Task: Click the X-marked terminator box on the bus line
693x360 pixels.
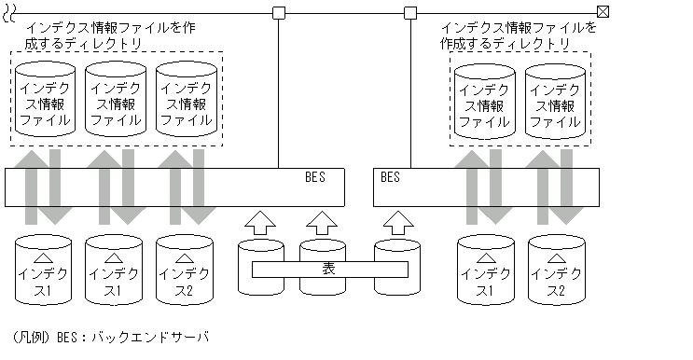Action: (x=603, y=12)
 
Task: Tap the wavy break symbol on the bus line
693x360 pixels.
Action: (x=9, y=12)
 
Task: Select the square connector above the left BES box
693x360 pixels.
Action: (x=278, y=12)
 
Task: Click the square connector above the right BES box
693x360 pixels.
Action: (x=410, y=12)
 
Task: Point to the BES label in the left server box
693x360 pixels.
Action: (x=315, y=176)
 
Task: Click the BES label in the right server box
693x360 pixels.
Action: (x=390, y=176)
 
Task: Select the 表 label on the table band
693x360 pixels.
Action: (x=329, y=270)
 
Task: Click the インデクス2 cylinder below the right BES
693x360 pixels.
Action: (x=558, y=270)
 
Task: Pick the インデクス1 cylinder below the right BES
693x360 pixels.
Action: (x=487, y=270)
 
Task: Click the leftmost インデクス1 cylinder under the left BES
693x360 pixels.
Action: (x=44, y=270)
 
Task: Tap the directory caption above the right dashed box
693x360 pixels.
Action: (x=518, y=35)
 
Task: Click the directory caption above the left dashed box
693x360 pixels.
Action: (x=103, y=35)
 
